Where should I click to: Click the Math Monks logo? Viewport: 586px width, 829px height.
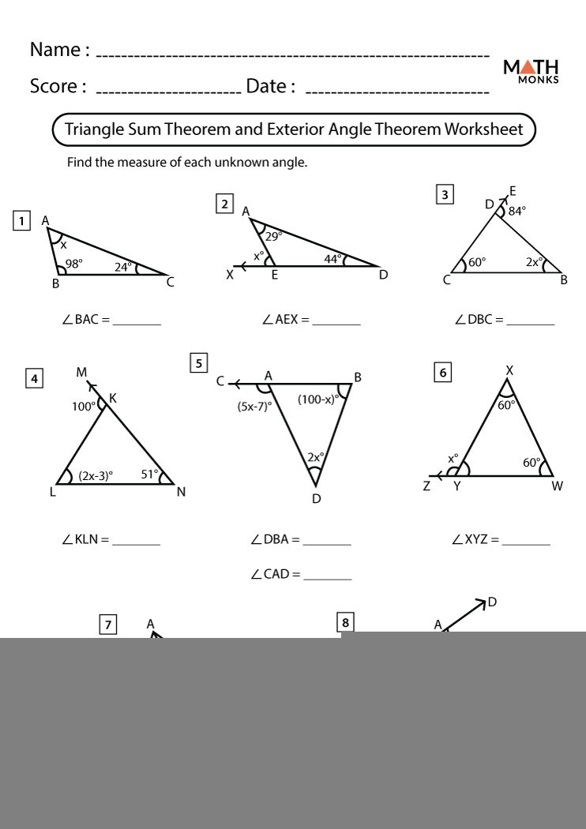coord(531,71)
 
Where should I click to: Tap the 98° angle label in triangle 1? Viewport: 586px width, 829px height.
coord(73,264)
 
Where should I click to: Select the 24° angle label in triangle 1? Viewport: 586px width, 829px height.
coord(123,267)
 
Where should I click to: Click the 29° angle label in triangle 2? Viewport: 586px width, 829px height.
coord(273,235)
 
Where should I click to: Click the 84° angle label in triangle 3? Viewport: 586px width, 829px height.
coord(517,211)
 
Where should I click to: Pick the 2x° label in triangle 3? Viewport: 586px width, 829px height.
coord(535,261)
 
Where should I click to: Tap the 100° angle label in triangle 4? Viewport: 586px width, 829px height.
coord(83,407)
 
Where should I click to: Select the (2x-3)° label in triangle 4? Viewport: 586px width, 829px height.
coord(96,475)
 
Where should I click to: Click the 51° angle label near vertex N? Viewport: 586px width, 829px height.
coord(149,474)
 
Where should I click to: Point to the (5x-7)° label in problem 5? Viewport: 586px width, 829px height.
coord(254,407)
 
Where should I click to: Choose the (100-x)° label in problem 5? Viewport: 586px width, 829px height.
coord(317,399)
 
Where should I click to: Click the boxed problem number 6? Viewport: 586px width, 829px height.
coord(444,373)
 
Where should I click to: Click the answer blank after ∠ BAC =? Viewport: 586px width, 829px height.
coord(137,321)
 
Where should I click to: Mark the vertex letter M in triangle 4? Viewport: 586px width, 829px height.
coord(81,372)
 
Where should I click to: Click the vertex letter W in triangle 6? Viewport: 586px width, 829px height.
coord(558,486)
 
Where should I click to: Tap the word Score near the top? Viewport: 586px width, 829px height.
coord(54,85)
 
